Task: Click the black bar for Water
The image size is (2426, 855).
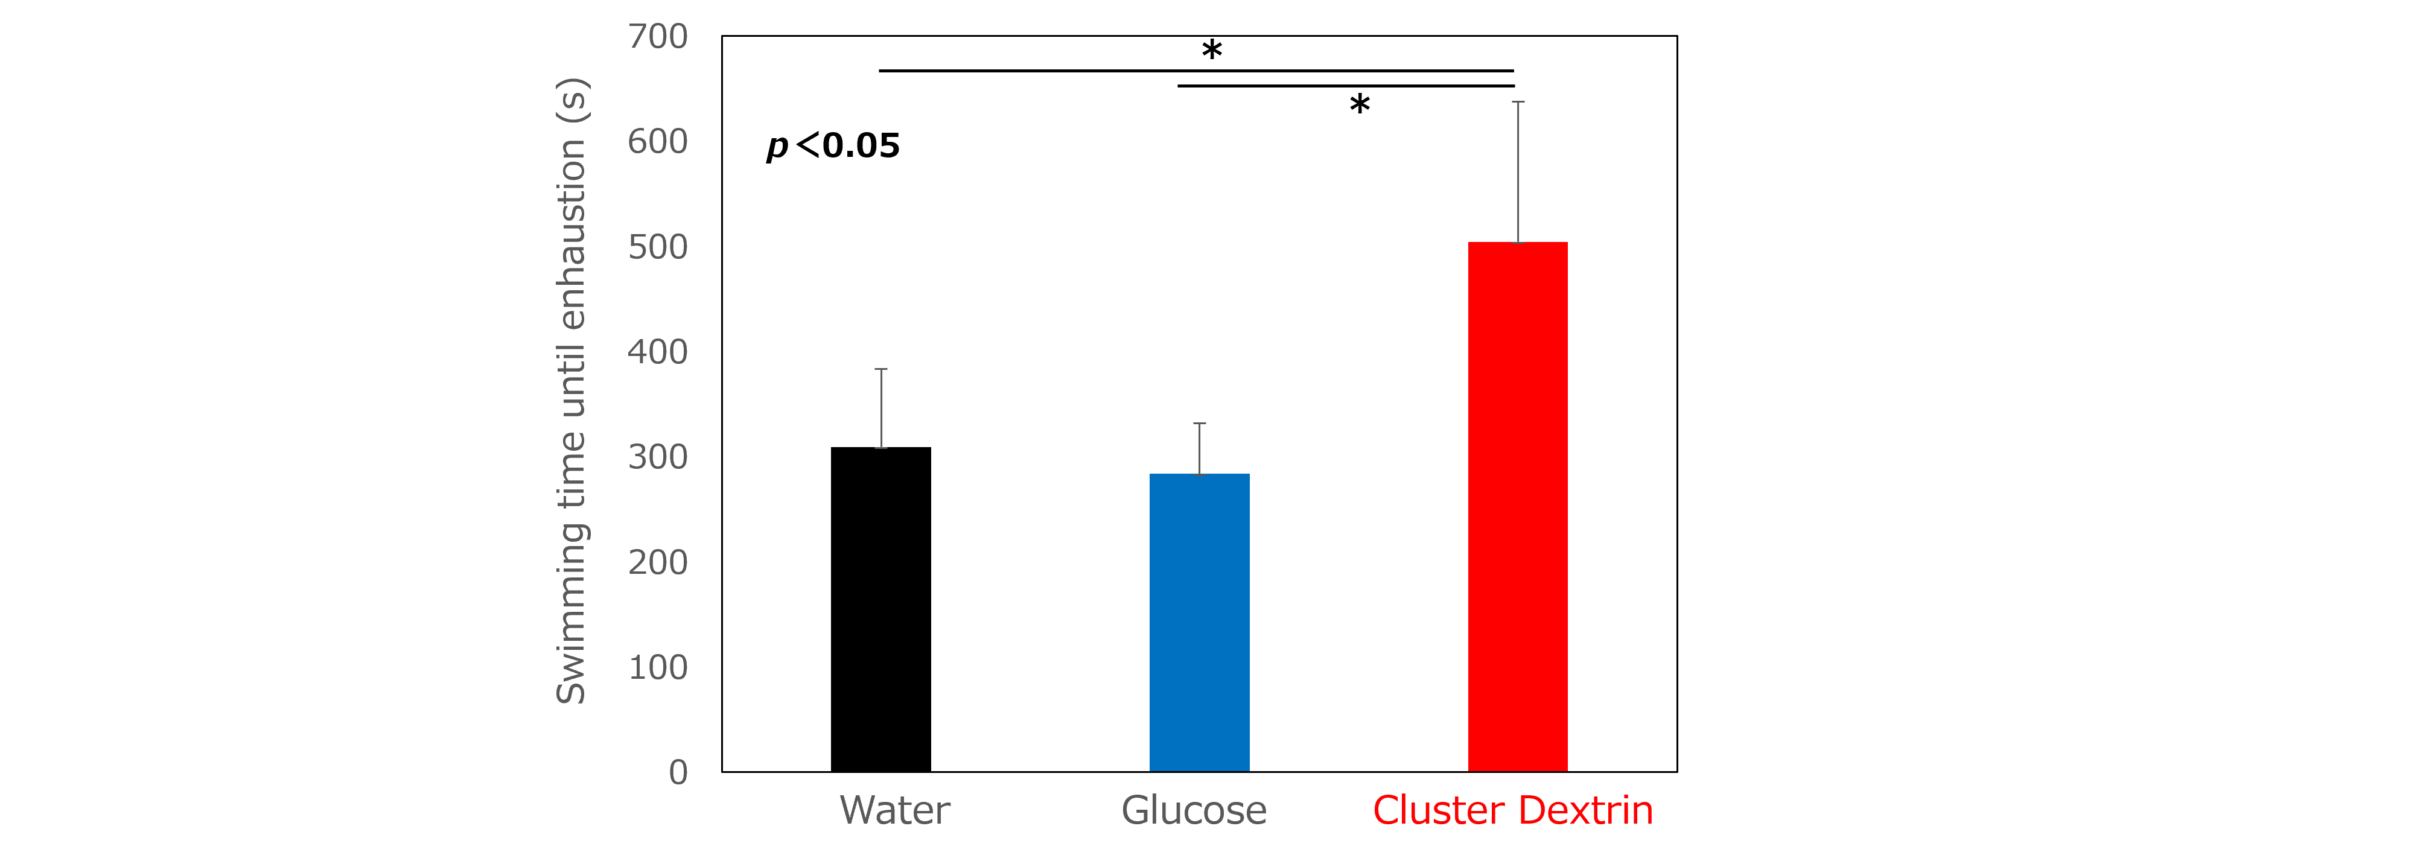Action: point(880,609)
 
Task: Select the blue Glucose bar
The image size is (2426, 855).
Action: point(1199,623)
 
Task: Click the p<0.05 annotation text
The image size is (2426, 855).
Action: point(833,146)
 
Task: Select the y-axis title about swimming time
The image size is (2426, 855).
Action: point(571,391)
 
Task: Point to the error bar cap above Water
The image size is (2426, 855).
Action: point(880,369)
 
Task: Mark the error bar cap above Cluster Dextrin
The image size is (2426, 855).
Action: point(1517,102)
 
